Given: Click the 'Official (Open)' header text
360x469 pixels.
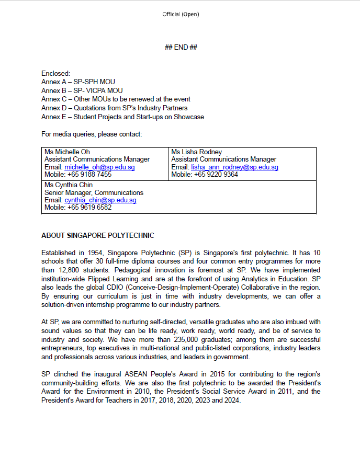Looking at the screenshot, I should pos(181,14).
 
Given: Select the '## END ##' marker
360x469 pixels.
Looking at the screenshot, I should pos(181,48).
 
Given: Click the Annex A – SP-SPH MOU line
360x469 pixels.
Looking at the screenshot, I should pos(78,82).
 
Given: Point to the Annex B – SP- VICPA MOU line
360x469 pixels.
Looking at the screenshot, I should pos(82,90).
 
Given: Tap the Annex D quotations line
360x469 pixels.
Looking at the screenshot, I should pos(114,108).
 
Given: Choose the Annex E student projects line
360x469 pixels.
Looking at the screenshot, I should pos(122,117).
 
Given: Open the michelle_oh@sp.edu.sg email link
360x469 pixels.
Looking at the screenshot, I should pos(99,167).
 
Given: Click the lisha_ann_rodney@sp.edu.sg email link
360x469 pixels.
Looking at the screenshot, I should pos(234,167).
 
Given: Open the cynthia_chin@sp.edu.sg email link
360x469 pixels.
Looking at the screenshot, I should pos(100,200).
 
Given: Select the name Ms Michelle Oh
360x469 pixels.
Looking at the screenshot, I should pos(67,152).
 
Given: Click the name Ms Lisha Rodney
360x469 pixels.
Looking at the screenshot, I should pos(197,152).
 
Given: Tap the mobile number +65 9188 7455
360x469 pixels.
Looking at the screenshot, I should pos(89,175).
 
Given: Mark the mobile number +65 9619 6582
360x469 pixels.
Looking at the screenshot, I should pos(89,208).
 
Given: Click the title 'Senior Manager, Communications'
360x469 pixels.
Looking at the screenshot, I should pos(94,192).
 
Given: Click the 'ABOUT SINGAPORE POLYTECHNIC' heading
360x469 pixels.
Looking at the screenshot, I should pos(98,236).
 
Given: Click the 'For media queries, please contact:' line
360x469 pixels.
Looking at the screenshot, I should pos(92,134).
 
